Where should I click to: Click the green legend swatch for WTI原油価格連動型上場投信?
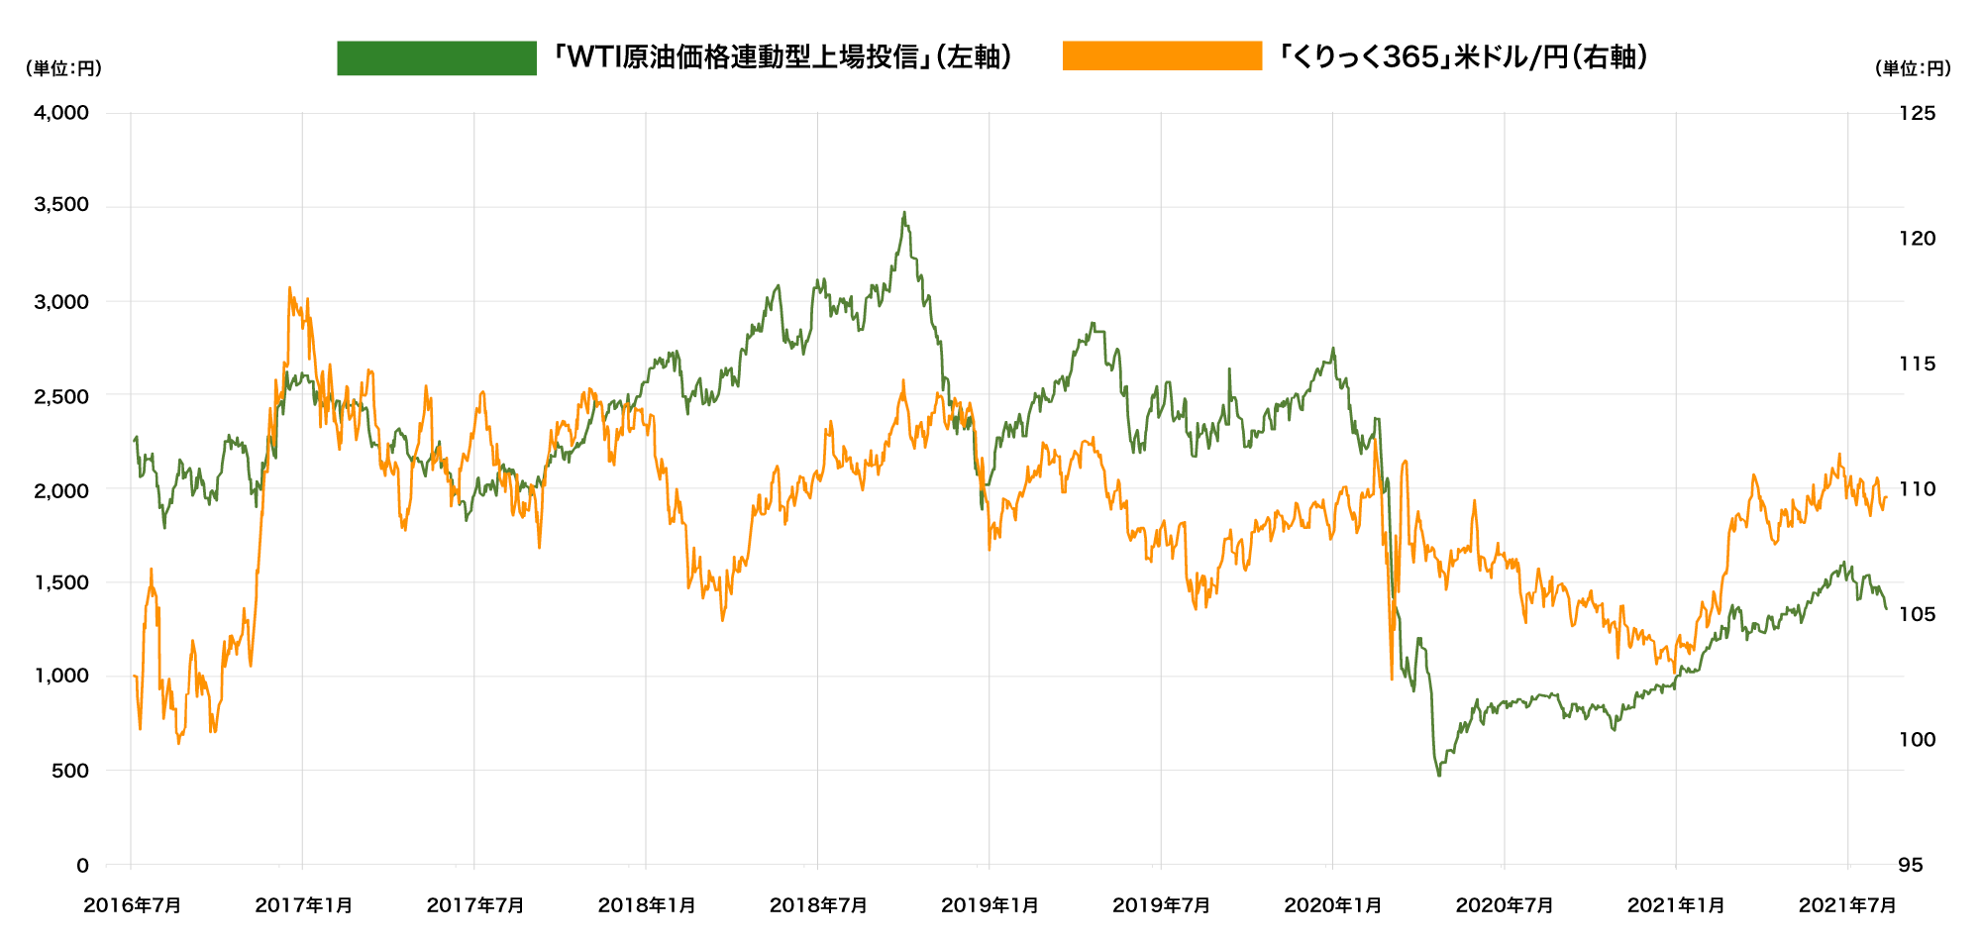coord(436,58)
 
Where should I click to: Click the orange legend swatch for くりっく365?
coord(1162,56)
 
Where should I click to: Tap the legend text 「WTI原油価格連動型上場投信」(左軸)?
coord(782,57)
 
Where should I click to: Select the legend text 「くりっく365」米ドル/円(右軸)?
coord(1462,57)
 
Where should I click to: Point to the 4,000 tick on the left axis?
coord(61,113)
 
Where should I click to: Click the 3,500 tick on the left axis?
coord(61,205)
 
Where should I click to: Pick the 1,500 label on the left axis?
coord(61,582)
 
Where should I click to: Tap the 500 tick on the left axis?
coord(70,771)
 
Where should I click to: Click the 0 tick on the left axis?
coord(83,866)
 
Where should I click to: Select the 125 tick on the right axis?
coord(1917,113)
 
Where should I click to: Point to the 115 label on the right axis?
coord(1917,364)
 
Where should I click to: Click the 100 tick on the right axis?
coord(1917,740)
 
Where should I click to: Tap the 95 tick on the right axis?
coord(1911,866)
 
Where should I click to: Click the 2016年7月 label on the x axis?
coord(132,905)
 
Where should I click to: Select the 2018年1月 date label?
coord(646,905)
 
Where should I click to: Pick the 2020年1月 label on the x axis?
coord(1332,905)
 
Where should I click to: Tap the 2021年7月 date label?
coord(1847,905)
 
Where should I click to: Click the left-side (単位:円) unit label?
coord(63,68)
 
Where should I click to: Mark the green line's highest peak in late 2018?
coord(903,212)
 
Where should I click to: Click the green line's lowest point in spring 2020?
coord(1439,775)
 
